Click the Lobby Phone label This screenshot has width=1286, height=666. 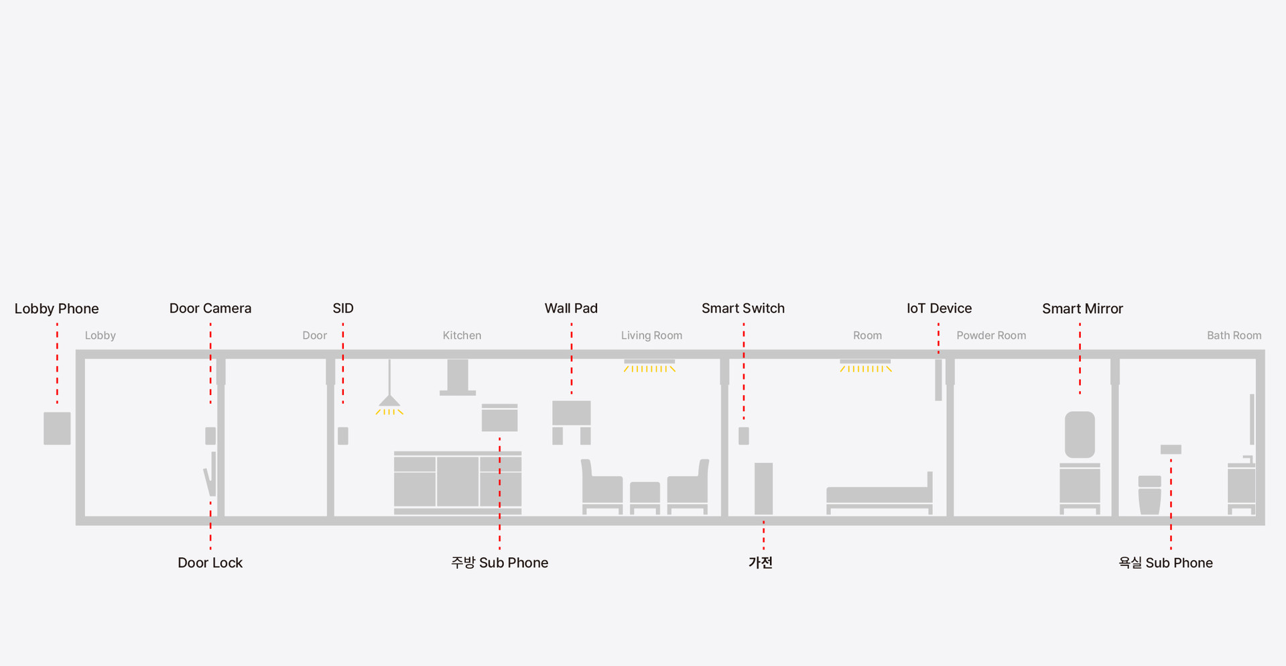point(56,309)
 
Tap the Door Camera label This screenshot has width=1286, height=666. point(210,309)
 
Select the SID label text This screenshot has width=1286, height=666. point(343,309)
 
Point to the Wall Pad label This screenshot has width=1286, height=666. point(571,309)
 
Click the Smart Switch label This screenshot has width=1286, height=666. point(743,309)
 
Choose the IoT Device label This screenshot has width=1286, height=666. point(939,309)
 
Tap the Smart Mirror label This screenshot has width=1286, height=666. point(1082,309)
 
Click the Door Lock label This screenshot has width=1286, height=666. point(210,563)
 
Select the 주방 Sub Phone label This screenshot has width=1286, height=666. point(499,563)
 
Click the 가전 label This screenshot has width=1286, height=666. point(761,563)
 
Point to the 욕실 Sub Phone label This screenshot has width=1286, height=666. point(1165,563)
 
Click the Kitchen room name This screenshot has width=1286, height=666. point(462,335)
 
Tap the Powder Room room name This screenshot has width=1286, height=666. point(991,335)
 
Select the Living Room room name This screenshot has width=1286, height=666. point(651,335)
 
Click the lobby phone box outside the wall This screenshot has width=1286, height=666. point(57,428)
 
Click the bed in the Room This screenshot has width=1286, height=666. point(879,494)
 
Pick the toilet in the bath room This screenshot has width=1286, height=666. point(1150,495)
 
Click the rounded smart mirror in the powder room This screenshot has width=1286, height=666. point(1080,435)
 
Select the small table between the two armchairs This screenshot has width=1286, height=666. point(645,497)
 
